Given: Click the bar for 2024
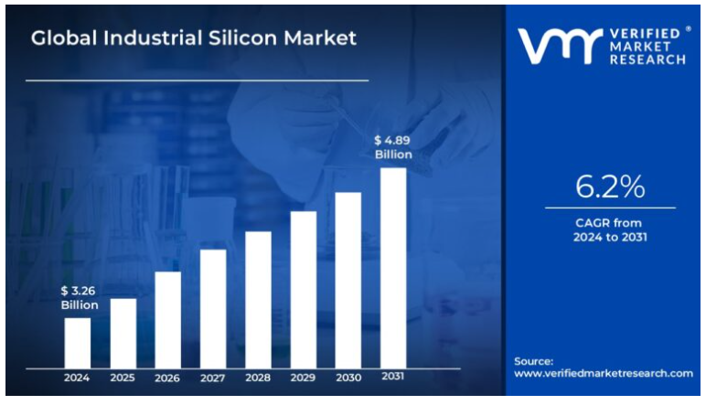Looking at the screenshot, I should click(x=78, y=342).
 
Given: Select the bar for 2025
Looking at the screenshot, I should click(x=123, y=333).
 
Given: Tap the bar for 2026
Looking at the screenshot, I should click(x=167, y=319).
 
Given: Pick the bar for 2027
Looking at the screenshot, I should click(x=213, y=308).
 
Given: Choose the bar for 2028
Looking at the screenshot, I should click(x=258, y=299).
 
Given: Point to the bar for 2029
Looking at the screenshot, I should click(x=304, y=289).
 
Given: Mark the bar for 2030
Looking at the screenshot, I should click(x=348, y=280).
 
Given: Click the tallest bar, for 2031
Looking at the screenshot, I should click(x=393, y=267).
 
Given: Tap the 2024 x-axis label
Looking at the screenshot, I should click(x=78, y=378).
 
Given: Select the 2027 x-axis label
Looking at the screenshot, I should click(x=213, y=378).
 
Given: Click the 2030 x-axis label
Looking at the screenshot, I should click(x=348, y=378).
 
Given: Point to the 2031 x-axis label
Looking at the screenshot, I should click(x=393, y=377).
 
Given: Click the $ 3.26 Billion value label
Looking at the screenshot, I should click(x=79, y=298).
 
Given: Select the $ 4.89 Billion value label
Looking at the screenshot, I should click(x=393, y=147).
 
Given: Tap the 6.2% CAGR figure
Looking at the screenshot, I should click(x=610, y=187).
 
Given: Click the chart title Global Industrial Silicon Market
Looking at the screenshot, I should click(x=194, y=39).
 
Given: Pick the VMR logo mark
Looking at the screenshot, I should click(x=548, y=46).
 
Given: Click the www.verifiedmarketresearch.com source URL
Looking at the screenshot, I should click(x=603, y=374).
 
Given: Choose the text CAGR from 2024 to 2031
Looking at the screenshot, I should click(x=610, y=230).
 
